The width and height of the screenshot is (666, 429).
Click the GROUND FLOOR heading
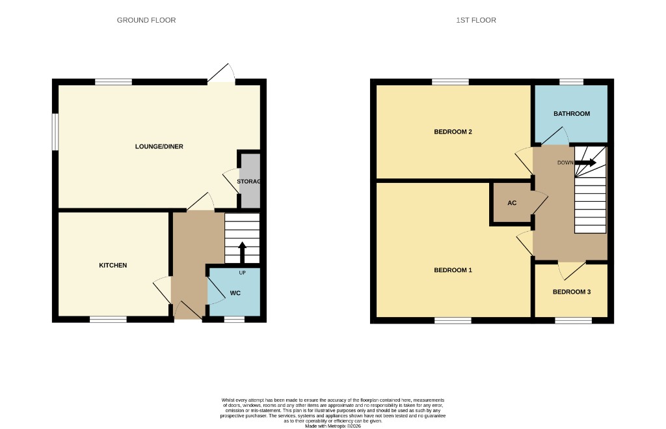click(x=146, y=20)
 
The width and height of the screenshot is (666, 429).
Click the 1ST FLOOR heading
click(x=476, y=20)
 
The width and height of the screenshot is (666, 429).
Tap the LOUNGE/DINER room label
click(x=159, y=146)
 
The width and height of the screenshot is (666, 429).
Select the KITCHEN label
click(x=113, y=265)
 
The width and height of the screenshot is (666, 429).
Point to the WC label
click(x=235, y=293)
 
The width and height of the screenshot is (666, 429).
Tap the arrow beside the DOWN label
click(x=585, y=163)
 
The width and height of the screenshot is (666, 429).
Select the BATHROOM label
click(x=572, y=114)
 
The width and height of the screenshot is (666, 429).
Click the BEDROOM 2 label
click(x=453, y=131)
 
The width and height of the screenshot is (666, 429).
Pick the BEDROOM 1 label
click(x=453, y=270)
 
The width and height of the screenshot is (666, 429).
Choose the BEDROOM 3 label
click(x=572, y=292)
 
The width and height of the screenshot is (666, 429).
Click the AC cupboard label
click(x=512, y=203)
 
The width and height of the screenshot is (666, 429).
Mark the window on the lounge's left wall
click(x=55, y=131)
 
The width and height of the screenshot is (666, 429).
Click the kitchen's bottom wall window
click(x=108, y=319)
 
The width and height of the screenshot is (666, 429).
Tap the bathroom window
click(x=572, y=82)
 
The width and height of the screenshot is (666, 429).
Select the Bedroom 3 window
click(x=573, y=320)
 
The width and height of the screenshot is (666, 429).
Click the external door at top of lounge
click(x=221, y=75)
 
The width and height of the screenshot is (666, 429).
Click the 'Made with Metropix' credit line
click(x=333, y=426)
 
